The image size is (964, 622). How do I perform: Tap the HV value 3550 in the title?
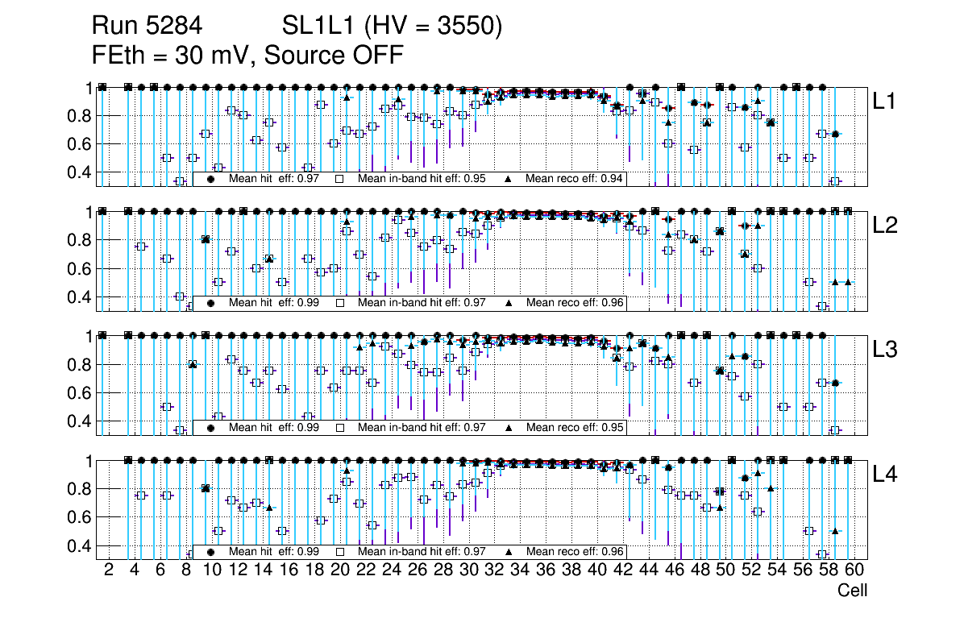[x=472, y=27]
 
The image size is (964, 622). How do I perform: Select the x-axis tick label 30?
[x=468, y=570]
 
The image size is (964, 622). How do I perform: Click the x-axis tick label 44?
[x=648, y=570]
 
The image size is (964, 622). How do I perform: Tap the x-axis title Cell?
[x=852, y=591]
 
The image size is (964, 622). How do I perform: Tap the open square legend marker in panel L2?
[x=340, y=304]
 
